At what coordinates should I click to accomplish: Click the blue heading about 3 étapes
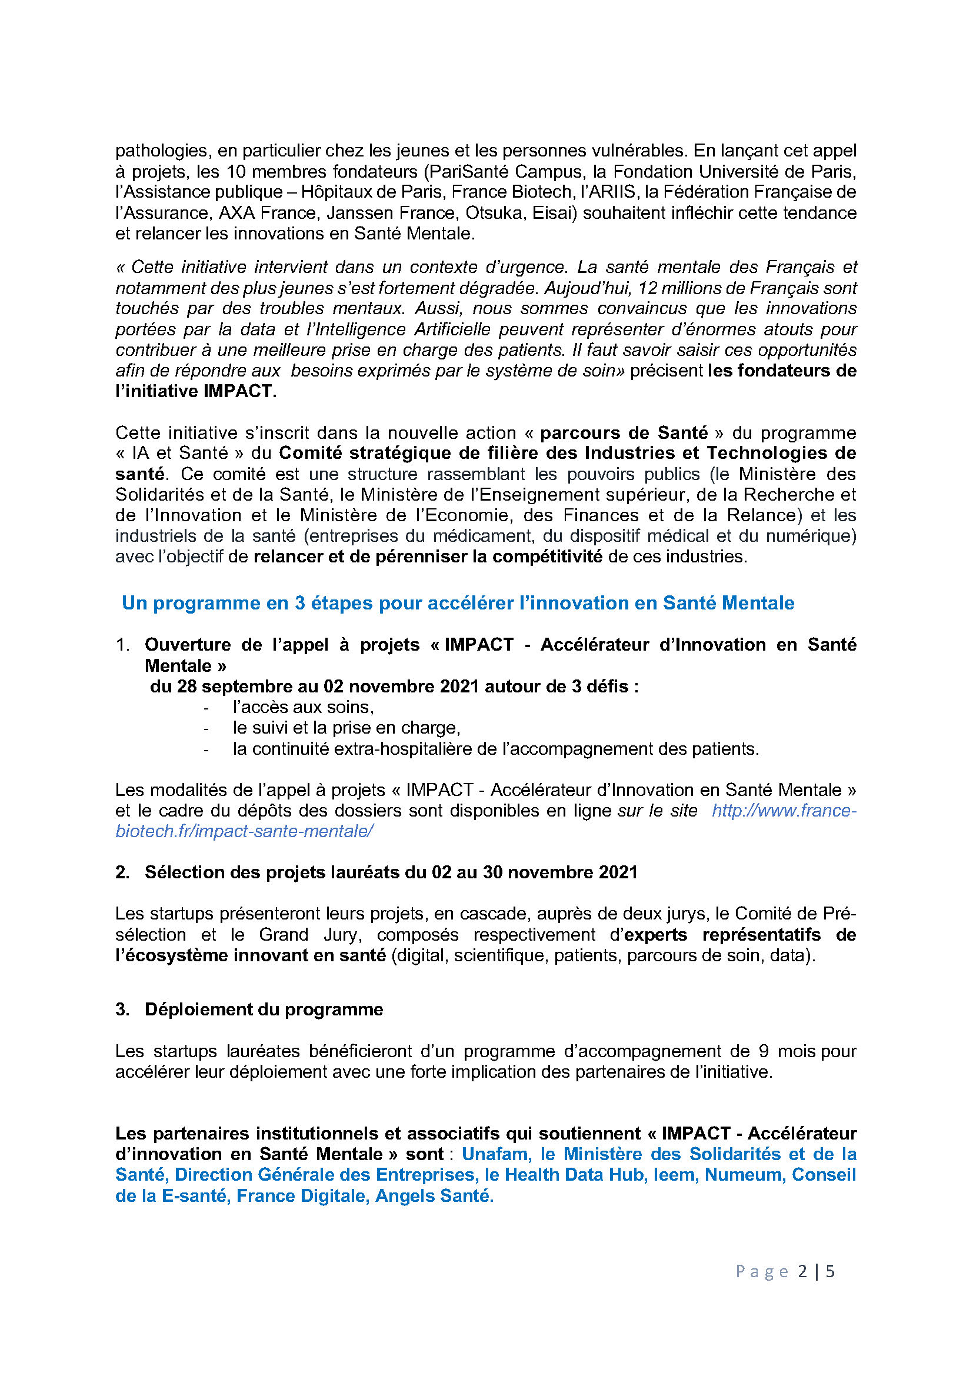[x=458, y=603]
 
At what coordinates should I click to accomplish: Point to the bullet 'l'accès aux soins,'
[x=303, y=707]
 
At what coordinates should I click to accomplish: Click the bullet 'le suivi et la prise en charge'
[x=346, y=728]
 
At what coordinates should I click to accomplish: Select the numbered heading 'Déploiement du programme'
[x=264, y=1009]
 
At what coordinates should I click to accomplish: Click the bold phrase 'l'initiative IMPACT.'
[x=196, y=391]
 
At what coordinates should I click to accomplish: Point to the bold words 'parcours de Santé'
[x=624, y=433]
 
